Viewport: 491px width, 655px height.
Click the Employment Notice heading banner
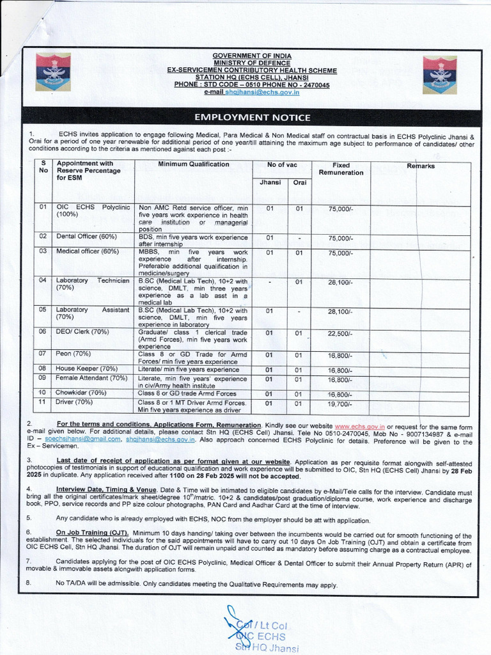point(253,118)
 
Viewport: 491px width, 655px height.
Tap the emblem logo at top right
point(439,74)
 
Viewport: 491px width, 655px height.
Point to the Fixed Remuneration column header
point(341,169)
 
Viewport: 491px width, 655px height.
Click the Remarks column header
point(420,166)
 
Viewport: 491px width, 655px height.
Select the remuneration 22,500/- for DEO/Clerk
point(340,333)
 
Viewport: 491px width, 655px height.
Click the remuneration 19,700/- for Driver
point(340,404)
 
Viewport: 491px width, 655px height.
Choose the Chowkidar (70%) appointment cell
point(81,393)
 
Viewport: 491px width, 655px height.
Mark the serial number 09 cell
point(43,378)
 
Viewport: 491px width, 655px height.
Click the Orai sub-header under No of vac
point(299,183)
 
